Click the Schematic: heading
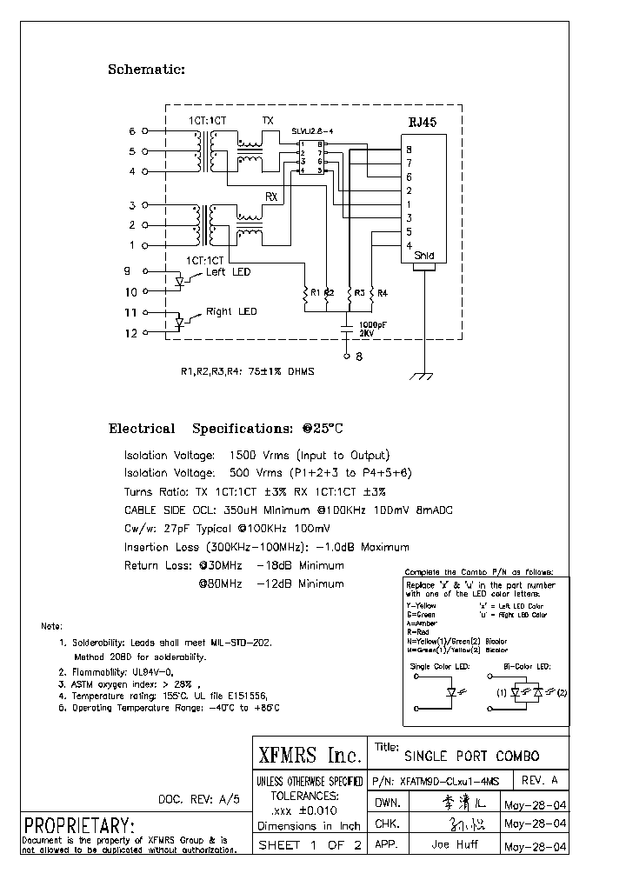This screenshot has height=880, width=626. point(146,70)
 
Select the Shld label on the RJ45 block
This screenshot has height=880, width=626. point(423,257)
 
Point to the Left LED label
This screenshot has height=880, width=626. point(228,272)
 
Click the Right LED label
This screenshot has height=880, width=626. point(231,311)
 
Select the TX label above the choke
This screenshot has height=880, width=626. point(268,120)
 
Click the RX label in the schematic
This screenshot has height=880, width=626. point(271,197)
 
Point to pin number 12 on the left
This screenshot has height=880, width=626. point(130,332)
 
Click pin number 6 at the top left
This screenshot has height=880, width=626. point(132,131)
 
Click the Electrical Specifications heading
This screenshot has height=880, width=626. point(226,429)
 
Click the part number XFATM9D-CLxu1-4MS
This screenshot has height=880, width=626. point(451,780)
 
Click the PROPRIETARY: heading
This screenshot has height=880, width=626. point(79,824)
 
